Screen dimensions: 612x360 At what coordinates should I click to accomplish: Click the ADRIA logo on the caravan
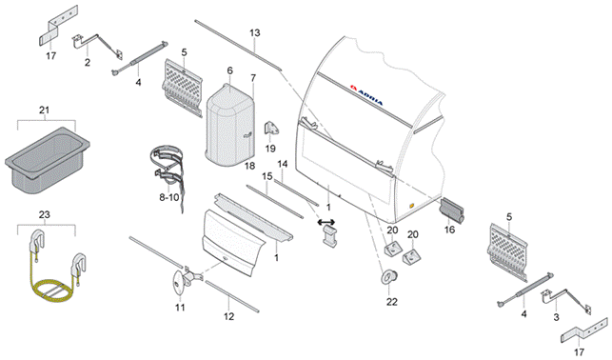(x=366, y=95)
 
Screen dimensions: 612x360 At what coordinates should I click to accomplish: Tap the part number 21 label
(x=45, y=110)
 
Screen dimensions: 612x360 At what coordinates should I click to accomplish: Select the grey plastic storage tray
(x=47, y=161)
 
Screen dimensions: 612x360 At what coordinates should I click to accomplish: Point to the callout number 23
(x=45, y=214)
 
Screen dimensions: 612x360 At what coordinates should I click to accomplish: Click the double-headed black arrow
(x=327, y=222)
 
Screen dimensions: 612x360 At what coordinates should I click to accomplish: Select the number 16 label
(x=450, y=230)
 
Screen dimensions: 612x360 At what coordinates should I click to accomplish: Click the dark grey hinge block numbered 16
(x=452, y=210)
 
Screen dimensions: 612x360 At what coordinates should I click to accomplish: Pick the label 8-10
(x=169, y=197)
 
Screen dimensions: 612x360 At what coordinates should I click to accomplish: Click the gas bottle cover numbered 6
(x=230, y=125)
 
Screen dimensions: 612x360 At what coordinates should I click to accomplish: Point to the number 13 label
(x=255, y=32)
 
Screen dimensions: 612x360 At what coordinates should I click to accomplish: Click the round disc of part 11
(x=179, y=282)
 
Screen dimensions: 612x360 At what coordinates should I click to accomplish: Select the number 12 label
(x=229, y=316)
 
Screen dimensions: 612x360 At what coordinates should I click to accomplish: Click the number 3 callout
(x=557, y=317)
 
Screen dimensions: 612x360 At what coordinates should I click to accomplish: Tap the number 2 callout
(x=87, y=63)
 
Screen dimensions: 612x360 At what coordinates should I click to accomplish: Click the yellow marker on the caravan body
(x=411, y=205)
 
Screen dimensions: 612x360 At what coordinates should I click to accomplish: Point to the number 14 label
(x=283, y=165)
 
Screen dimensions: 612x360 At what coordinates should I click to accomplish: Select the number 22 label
(x=392, y=302)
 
